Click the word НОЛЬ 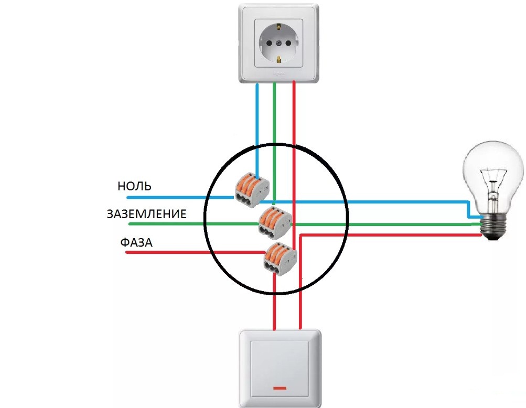135,186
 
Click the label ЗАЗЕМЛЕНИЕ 147,214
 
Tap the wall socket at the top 278,42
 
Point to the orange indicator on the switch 278,389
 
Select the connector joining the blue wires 251,188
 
